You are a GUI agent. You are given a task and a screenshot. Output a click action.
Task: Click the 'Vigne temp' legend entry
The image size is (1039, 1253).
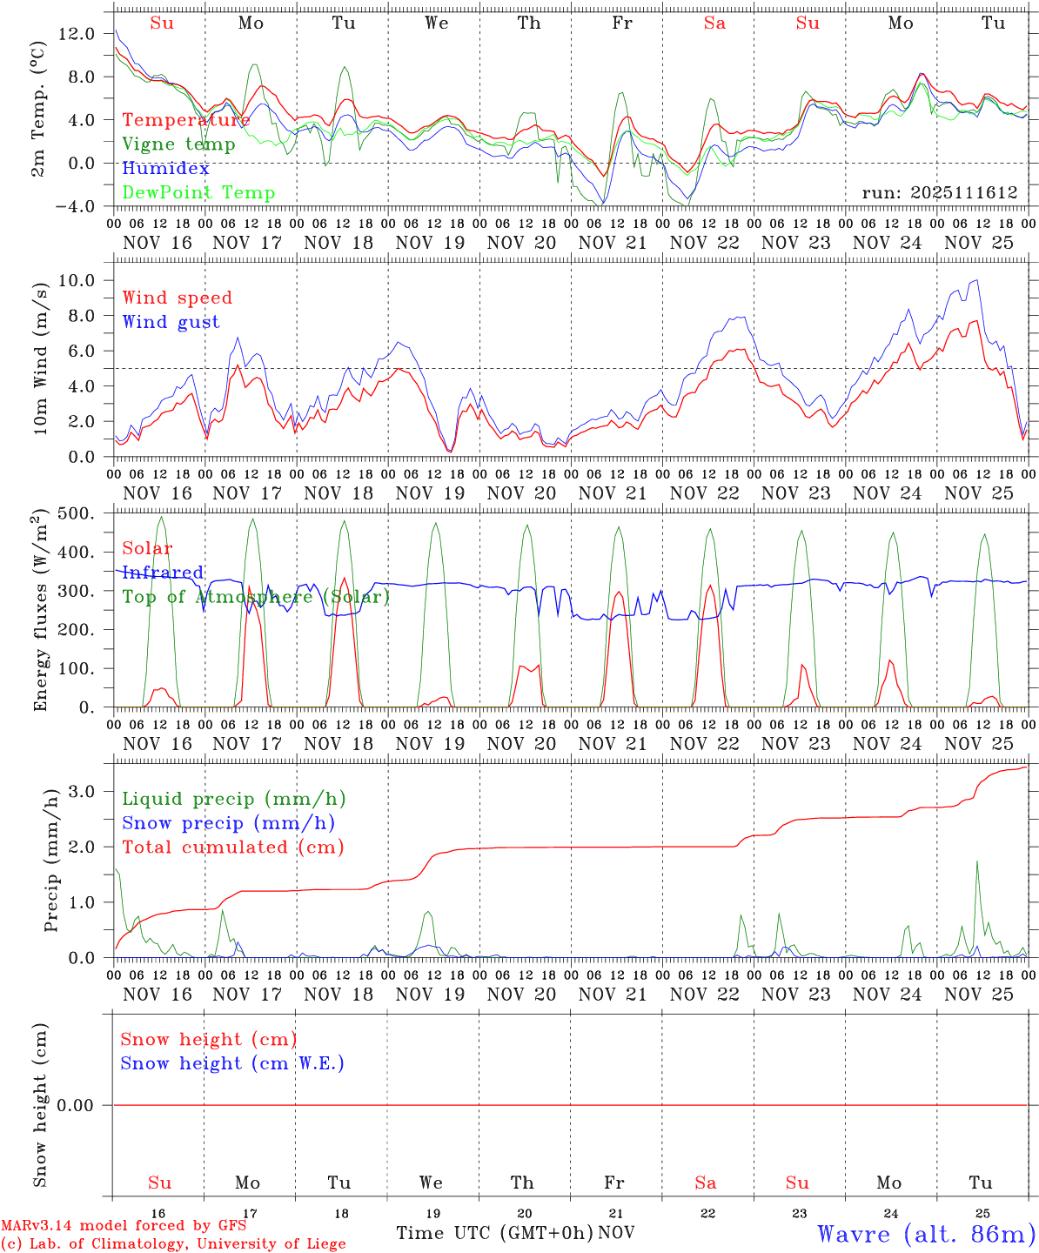(x=178, y=144)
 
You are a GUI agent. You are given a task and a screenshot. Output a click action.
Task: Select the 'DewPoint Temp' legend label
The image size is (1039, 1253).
(x=198, y=193)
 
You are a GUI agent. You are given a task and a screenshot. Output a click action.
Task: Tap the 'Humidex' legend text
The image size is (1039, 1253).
(x=165, y=169)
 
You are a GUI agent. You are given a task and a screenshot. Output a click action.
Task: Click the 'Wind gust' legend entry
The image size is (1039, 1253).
(x=171, y=322)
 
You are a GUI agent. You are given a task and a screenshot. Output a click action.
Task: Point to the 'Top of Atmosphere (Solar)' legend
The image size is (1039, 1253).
(x=255, y=597)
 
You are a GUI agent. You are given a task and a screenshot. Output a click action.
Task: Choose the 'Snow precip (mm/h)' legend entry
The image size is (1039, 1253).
(x=228, y=823)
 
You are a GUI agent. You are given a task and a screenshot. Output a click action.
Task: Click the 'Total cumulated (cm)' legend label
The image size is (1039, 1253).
(x=232, y=848)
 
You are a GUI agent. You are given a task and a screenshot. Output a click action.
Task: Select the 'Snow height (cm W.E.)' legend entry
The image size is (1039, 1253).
(x=232, y=1063)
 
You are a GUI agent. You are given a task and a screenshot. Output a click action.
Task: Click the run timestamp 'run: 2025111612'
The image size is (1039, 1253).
(x=940, y=193)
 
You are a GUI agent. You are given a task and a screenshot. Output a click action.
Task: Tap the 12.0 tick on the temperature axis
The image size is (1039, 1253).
(x=77, y=33)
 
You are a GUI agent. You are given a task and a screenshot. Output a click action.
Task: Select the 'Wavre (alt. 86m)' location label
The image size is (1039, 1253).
(x=926, y=1234)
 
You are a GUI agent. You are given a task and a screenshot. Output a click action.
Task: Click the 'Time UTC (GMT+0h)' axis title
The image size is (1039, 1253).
(x=494, y=1233)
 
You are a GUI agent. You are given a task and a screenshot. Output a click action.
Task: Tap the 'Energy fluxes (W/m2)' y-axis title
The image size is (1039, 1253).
(x=40, y=613)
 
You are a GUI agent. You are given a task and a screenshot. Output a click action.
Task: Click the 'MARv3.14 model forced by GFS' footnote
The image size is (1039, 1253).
(x=124, y=1226)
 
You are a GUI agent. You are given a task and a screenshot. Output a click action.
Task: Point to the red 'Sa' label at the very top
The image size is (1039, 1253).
(x=714, y=23)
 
